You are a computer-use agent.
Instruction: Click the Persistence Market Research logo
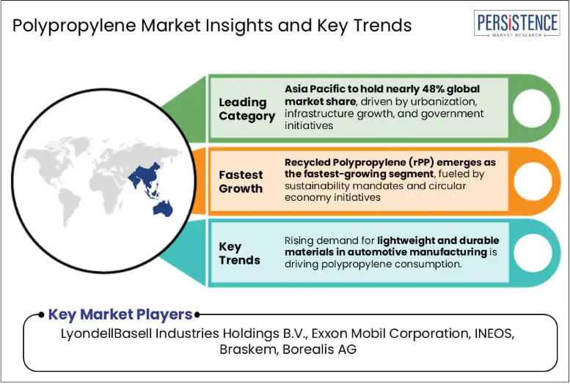[516, 23]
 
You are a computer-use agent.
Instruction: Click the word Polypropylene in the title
[74, 26]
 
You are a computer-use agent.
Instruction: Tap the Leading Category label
[246, 109]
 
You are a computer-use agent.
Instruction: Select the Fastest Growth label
[241, 182]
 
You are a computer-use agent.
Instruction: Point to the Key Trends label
[239, 254]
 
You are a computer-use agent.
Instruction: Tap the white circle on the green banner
[532, 108]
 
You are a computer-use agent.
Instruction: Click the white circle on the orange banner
[532, 181]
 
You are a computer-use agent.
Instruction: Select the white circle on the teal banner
[532, 253]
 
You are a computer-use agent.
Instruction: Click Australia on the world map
[163, 209]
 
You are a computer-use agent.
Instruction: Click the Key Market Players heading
[120, 314]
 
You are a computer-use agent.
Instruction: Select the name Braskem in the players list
[247, 349]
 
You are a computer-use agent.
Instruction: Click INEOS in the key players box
[494, 333]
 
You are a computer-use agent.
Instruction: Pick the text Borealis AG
[320, 349]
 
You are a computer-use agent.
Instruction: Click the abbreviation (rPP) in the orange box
[420, 163]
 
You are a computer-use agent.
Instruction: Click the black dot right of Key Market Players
[197, 314]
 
